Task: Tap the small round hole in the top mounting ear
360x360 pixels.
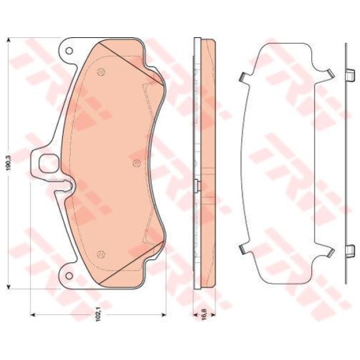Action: click(69, 51)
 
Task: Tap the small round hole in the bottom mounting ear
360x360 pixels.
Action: click(68, 275)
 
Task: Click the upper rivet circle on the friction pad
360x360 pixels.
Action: click(101, 73)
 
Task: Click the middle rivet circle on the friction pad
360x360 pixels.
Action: click(136, 163)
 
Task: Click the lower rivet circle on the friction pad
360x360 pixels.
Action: click(101, 254)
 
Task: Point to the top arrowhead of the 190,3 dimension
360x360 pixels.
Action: click(9, 41)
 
